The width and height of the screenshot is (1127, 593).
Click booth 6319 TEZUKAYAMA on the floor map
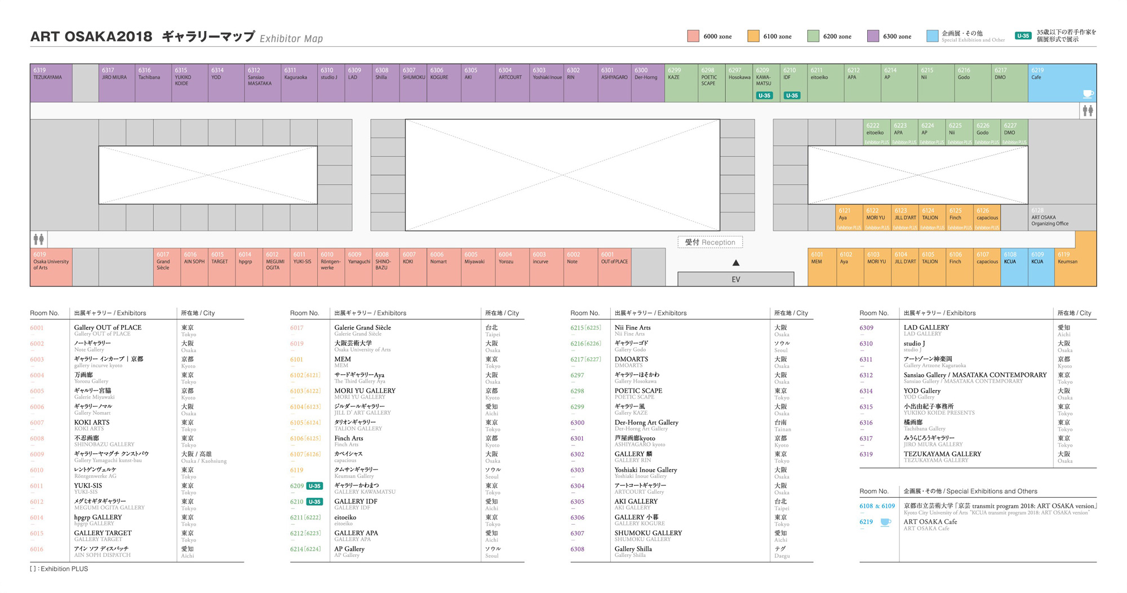coord(51,83)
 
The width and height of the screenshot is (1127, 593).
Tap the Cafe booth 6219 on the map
coord(1062,83)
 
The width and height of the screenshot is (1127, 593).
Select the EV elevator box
coord(735,279)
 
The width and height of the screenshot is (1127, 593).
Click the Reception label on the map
coord(710,242)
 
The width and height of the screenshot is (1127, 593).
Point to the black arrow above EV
coord(736,263)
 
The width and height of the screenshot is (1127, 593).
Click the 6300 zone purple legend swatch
coord(873,36)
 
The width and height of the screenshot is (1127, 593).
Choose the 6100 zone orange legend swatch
coord(753,36)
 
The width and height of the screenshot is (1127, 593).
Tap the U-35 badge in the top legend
coord(1023,36)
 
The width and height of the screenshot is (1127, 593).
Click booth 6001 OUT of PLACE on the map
coord(615,267)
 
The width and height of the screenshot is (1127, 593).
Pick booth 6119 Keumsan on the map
coord(1075,267)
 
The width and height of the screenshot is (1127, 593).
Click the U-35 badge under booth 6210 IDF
coord(792,95)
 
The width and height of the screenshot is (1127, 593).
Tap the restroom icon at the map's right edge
coord(1088,111)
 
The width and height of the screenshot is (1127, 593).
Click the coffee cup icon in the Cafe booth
coord(1088,94)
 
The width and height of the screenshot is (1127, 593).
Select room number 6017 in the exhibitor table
coord(297,328)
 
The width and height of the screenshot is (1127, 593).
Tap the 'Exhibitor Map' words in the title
coord(291,38)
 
